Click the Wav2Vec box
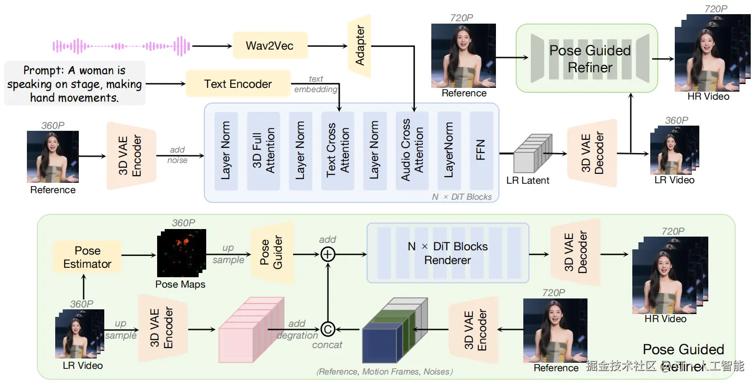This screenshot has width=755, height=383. [x=270, y=46]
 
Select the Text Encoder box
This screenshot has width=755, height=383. [x=238, y=84]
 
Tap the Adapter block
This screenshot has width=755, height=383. [x=360, y=46]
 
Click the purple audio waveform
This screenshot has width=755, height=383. [x=121, y=46]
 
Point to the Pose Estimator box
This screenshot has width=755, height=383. [x=87, y=257]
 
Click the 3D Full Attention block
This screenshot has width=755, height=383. [x=263, y=151]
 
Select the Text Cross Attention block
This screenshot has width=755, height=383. [x=338, y=151]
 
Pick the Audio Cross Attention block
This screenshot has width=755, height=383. [x=412, y=151]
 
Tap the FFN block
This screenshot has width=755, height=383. [x=481, y=151]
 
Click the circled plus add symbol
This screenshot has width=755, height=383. [x=328, y=255]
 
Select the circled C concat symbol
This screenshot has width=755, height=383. [x=328, y=329]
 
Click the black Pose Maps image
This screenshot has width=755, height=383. [x=181, y=253]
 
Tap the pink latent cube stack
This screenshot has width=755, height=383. [x=251, y=330]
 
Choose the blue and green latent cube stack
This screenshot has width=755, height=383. [x=394, y=330]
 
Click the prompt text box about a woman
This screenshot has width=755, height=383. [x=75, y=84]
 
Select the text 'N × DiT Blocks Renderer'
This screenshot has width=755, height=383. [x=447, y=253]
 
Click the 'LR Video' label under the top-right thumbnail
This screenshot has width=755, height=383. [x=674, y=180]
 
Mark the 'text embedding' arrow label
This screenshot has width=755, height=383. [x=316, y=84]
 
